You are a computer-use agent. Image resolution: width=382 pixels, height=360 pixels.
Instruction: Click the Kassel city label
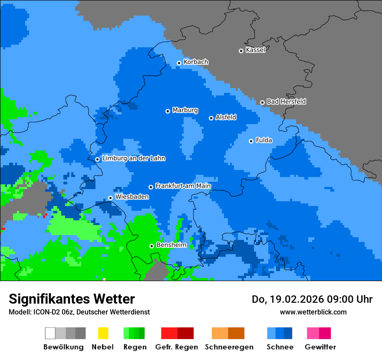pos(255,50)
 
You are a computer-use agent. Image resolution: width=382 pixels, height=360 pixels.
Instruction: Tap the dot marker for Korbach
pos(179,63)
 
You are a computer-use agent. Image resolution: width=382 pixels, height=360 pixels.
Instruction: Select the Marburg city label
pos(185,110)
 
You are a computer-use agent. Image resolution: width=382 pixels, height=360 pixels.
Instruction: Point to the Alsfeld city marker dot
pos(211,118)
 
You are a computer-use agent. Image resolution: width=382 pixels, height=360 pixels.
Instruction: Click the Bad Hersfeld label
pos(286,101)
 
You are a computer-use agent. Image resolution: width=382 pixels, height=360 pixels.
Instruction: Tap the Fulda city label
pos(264,140)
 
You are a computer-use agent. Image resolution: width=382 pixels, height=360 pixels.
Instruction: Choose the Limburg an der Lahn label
pos(133,158)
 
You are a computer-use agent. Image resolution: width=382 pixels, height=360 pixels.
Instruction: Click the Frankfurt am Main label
pos(183,186)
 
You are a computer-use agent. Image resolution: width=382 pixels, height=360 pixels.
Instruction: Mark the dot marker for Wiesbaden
pos(110,198)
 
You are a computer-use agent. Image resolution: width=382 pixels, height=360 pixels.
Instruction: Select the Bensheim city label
pos(171,245)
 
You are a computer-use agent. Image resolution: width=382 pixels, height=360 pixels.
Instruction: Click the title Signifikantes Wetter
pos(72,299)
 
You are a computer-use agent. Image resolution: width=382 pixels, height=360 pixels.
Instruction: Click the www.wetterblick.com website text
pos(313,312)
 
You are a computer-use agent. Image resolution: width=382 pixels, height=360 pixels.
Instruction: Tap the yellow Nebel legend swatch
pos(103,333)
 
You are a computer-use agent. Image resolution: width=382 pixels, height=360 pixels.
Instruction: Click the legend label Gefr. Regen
pos(177,347)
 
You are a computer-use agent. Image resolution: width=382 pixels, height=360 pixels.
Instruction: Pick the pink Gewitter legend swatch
pos(313,333)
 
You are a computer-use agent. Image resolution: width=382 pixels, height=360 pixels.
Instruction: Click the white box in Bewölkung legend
pos(50,333)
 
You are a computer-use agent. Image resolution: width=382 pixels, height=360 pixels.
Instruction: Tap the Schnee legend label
pos(280,347)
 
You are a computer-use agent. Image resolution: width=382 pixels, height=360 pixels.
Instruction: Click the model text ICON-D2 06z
pos(53,312)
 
